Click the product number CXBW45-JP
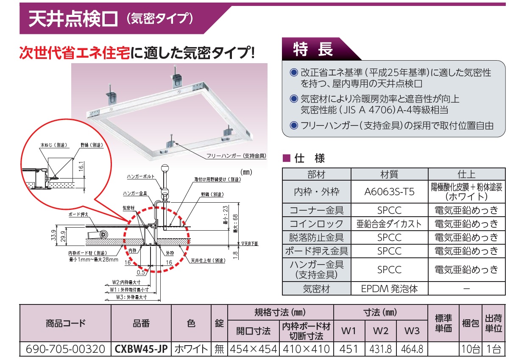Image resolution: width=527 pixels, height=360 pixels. (142, 349)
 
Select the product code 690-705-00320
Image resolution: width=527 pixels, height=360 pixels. (65, 349)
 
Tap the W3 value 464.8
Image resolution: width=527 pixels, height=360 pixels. (412, 349)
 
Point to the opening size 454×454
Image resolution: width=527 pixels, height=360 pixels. (253, 349)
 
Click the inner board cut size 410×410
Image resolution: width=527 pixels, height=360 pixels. (306, 349)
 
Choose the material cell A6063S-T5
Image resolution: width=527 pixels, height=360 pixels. (390, 193)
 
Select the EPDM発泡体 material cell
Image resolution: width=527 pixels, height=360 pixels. (390, 289)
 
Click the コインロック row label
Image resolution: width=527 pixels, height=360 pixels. (316, 224)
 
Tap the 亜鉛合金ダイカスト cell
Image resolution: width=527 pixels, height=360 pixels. (390, 224)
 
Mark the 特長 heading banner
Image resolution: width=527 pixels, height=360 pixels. (314, 50)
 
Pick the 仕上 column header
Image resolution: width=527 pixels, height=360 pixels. (467, 174)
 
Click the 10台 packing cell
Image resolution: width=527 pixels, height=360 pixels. (470, 349)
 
